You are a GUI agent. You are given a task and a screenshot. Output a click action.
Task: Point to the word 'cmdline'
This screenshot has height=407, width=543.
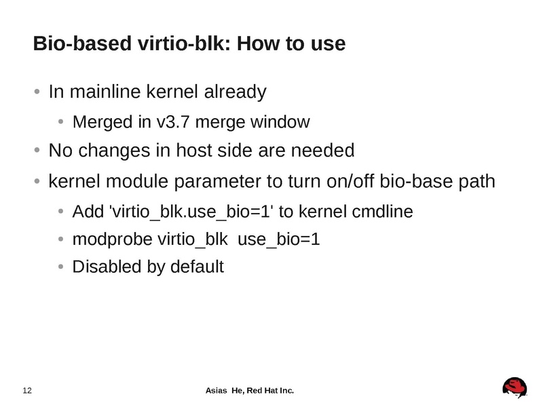(382, 212)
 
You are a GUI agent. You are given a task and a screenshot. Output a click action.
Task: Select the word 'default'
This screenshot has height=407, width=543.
(196, 267)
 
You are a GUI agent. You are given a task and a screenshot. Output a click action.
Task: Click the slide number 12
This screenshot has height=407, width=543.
(28, 390)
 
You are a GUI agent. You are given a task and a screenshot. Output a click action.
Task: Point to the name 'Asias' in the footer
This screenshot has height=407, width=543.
(217, 390)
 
